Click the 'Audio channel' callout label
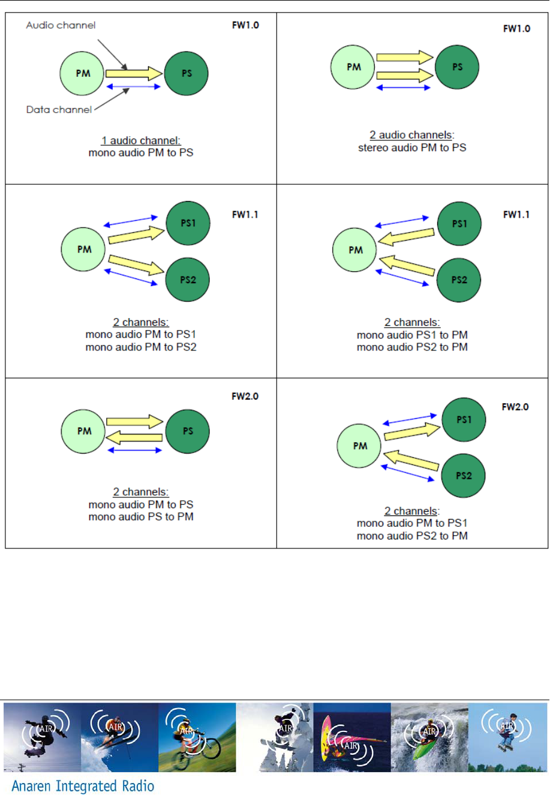(61, 25)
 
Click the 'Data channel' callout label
(59, 110)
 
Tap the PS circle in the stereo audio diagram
(457, 67)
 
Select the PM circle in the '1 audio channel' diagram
(83, 73)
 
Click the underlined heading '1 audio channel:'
(141, 140)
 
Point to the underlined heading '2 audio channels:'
(412, 135)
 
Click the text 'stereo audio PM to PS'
(412, 148)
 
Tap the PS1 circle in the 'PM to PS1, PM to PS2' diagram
(188, 223)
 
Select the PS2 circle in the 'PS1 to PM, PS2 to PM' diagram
(459, 280)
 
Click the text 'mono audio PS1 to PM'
(412, 335)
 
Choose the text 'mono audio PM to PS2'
(141, 347)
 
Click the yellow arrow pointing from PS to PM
(134, 437)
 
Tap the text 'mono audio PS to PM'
(141, 517)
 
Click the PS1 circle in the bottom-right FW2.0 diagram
(464, 419)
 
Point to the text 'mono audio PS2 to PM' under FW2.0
(412, 536)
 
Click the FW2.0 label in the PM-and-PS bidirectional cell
(245, 397)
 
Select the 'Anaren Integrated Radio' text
(83, 786)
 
